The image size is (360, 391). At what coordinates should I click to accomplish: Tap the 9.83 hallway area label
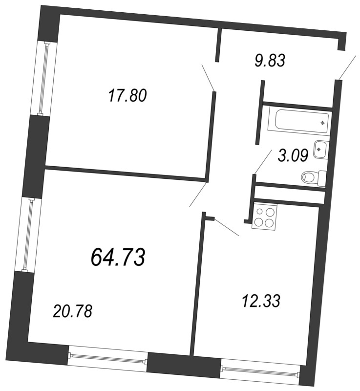(x=269, y=61)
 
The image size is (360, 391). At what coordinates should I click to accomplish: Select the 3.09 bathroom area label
(x=292, y=156)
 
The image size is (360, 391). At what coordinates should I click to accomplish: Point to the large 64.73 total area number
(x=118, y=256)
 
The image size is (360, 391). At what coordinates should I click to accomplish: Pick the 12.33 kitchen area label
(x=261, y=301)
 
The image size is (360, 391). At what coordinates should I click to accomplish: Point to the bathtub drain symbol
(x=322, y=122)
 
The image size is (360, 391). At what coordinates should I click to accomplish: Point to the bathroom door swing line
(x=263, y=161)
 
